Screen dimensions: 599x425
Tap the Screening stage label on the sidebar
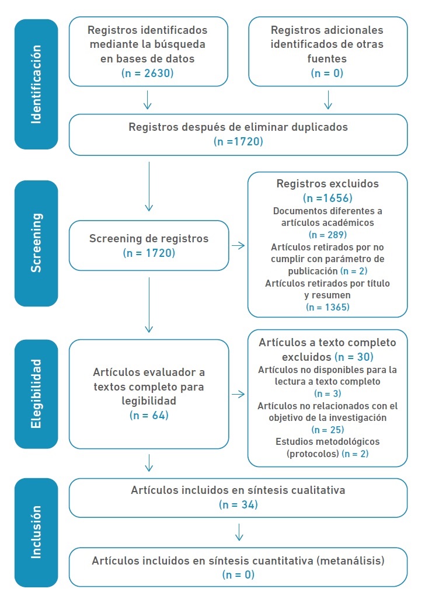[36, 243]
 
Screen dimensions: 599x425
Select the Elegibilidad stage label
[36, 394]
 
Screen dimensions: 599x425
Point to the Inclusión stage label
[36, 532]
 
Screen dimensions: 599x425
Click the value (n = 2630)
[148, 73]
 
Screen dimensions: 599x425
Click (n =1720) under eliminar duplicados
[238, 141]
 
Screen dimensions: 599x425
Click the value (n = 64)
[148, 415]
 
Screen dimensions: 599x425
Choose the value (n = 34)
[238, 504]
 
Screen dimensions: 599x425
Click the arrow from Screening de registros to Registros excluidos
[238, 245]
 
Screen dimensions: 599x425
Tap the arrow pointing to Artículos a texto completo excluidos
[238, 395]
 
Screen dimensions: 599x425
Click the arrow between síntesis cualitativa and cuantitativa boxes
[238, 532]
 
